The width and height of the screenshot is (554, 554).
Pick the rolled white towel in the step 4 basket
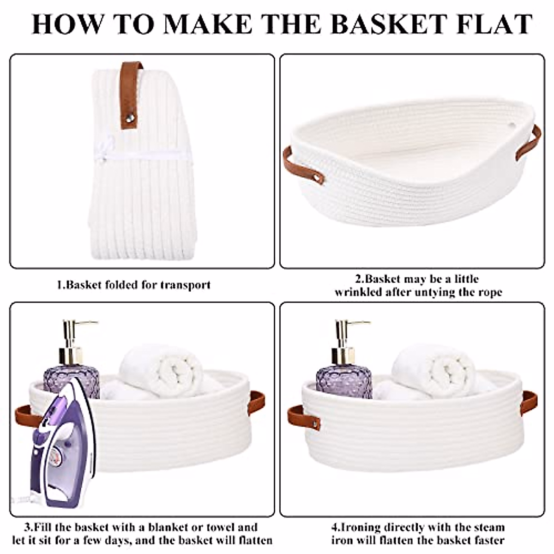[x=434, y=369]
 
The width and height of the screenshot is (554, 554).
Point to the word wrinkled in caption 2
[x=358, y=292]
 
